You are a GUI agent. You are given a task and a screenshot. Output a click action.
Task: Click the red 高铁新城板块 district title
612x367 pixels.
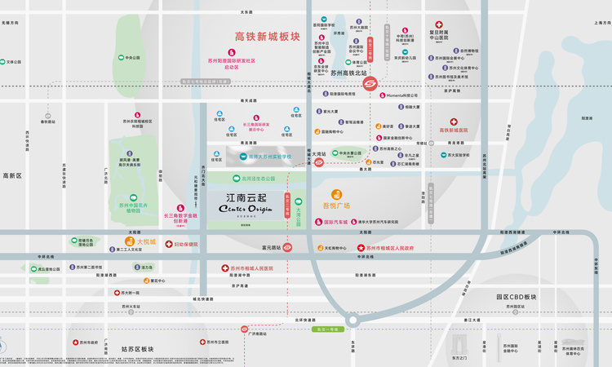coord(268,37)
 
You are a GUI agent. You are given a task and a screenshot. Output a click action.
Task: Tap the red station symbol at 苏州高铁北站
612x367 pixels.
coord(369,83)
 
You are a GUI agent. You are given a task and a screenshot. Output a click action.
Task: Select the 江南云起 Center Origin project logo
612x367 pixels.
coord(246,203)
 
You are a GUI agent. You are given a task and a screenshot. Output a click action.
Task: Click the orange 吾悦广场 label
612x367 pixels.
coord(335,206)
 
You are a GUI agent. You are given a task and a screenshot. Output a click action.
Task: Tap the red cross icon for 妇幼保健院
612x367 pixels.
coord(169,244)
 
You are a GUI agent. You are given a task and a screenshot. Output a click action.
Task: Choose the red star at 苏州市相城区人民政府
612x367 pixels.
coord(360,247)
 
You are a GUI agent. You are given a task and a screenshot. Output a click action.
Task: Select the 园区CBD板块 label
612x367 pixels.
coord(517,297)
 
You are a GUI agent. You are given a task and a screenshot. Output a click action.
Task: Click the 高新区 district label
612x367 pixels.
coord(12,175)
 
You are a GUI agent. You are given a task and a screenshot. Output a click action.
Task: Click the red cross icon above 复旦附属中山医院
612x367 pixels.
coord(439,25)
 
